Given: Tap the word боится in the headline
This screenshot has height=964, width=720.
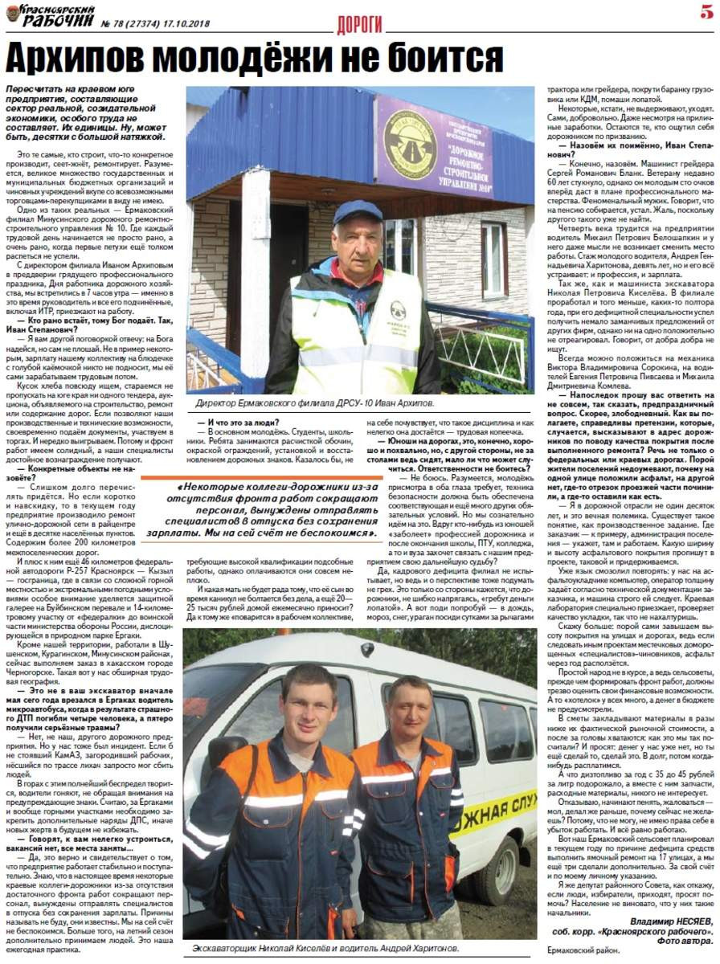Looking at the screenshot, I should tap(444, 58).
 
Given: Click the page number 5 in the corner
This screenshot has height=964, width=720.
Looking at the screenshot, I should tap(706, 12).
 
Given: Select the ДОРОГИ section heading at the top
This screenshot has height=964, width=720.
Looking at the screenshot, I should tap(359, 24).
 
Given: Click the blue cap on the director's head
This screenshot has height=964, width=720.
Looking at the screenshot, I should tap(357, 212).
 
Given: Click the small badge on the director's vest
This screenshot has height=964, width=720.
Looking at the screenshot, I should tap(397, 309).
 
